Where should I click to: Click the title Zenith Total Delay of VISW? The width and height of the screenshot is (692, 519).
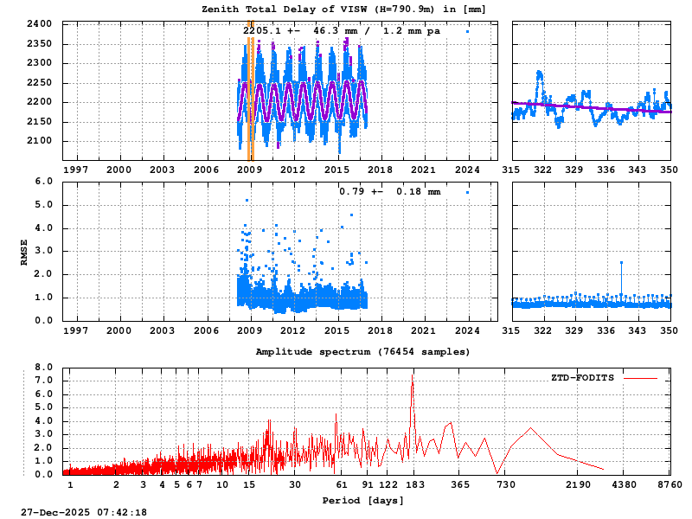click(343, 9)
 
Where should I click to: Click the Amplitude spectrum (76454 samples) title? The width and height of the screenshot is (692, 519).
click(362, 352)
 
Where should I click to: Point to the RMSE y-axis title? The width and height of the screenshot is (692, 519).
click(24, 251)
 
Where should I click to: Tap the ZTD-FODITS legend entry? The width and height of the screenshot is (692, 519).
click(582, 378)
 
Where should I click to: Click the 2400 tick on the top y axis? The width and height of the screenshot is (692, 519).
click(39, 23)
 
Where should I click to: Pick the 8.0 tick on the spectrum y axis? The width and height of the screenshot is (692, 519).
click(43, 367)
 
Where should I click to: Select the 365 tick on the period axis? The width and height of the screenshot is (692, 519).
click(460, 485)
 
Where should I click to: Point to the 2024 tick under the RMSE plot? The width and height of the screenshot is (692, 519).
click(468, 330)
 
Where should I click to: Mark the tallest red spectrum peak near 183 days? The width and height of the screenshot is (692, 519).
click(412, 375)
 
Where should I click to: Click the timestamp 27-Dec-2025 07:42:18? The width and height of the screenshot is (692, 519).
click(84, 512)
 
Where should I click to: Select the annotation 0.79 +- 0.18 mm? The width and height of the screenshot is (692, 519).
click(389, 191)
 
